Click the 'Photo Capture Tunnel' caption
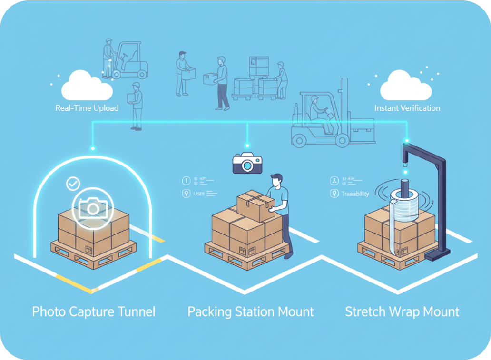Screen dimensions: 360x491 point(94,312)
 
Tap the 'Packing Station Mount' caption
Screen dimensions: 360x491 point(251,312)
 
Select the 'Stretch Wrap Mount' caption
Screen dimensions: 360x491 point(402,312)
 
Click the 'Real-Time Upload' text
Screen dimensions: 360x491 point(87,108)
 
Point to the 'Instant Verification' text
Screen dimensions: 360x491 point(407,108)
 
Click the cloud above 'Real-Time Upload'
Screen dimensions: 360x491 point(86,85)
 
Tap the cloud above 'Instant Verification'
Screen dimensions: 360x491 point(405,85)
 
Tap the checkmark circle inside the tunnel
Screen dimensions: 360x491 point(73,183)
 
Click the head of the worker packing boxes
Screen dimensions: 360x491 point(276,181)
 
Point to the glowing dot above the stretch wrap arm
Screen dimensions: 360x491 point(406,141)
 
